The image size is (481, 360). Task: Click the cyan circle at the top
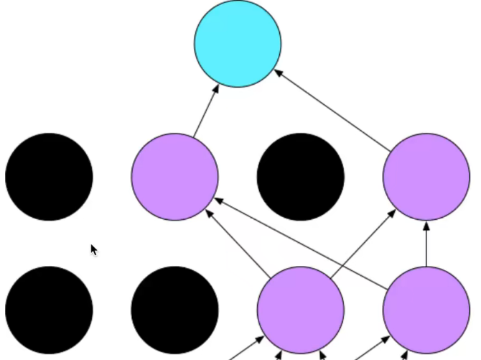tap(238, 44)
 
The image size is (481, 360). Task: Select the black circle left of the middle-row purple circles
tap(49, 177)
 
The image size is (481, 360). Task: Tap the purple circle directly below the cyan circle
tap(174, 177)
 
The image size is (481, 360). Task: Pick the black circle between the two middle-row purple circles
tap(301, 177)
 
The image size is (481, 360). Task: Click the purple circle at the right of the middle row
tap(426, 177)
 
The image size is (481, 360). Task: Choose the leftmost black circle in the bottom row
tap(49, 310)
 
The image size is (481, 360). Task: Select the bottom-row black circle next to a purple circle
tap(174, 310)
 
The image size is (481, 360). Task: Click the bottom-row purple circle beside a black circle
tap(301, 310)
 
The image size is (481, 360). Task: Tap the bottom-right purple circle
tap(426, 310)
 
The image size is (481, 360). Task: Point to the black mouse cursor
tap(93, 249)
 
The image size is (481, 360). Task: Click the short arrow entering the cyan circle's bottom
tap(206, 109)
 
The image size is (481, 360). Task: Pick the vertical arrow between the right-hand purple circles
tap(426, 244)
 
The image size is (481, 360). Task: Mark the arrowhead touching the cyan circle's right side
tap(279, 72)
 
